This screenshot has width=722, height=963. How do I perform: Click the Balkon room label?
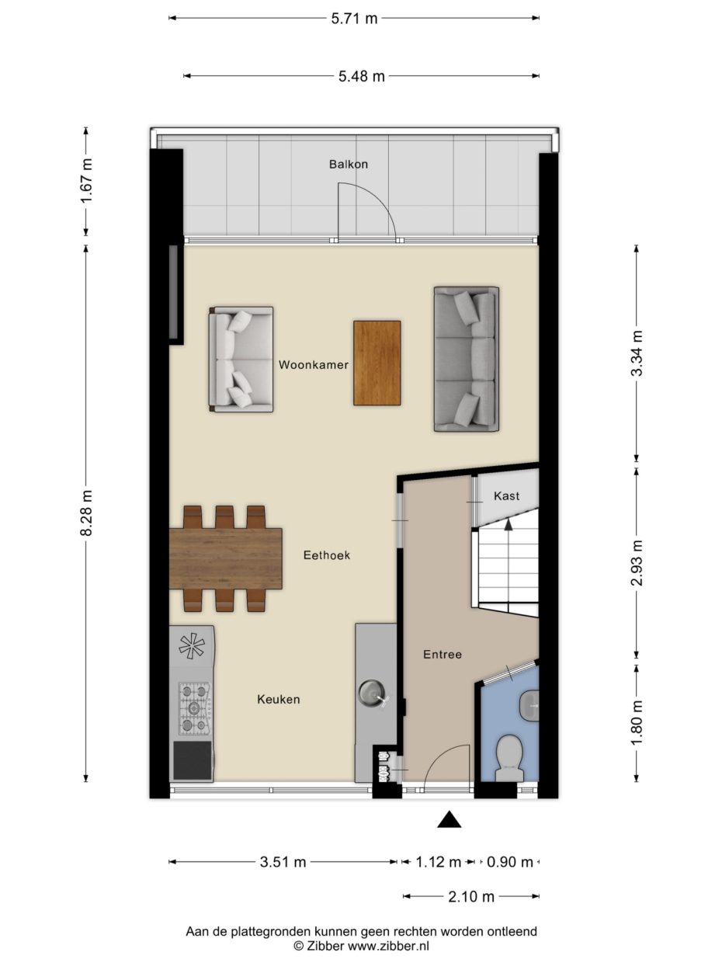tap(349, 164)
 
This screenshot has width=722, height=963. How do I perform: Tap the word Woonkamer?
tap(314, 364)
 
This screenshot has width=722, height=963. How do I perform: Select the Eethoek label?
tap(327, 555)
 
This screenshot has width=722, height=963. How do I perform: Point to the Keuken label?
tap(279, 699)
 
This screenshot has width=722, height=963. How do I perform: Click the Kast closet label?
tap(506, 495)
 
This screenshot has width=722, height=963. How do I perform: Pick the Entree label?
tap(443, 654)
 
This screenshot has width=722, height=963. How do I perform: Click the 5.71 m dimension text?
tap(354, 19)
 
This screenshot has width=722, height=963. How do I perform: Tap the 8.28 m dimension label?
tap(86, 513)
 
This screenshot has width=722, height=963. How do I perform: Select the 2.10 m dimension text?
tap(471, 896)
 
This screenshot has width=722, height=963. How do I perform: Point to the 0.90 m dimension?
tap(510, 862)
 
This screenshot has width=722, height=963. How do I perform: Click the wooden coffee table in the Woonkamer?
tap(377, 363)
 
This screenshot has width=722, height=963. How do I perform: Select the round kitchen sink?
tap(372, 692)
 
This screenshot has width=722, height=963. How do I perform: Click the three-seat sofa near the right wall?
tap(467, 360)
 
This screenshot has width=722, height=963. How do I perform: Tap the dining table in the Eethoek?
tap(225, 558)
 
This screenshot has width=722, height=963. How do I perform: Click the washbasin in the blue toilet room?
tap(529, 706)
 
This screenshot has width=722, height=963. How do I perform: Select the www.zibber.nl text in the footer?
tap(388, 945)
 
